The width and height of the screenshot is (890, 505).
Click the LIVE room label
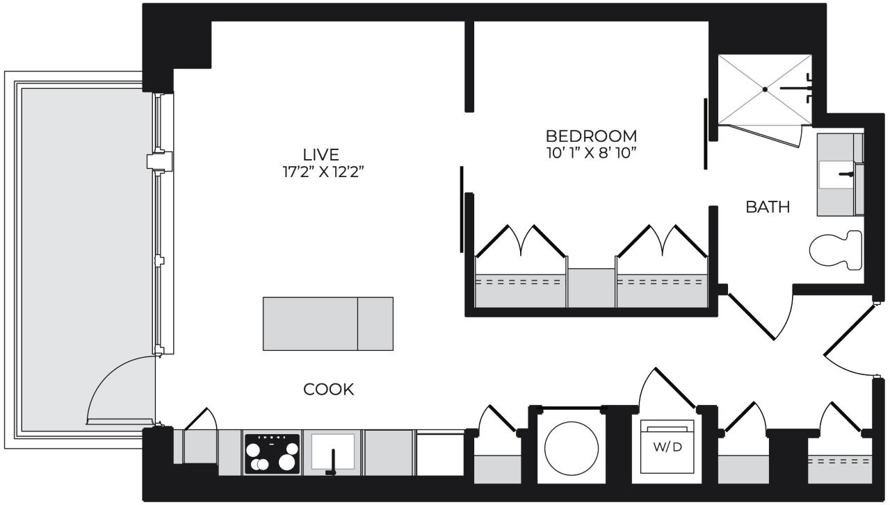321,154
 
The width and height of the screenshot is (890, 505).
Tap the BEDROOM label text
591,136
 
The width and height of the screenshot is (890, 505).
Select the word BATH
768,207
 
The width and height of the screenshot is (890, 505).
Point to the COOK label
329,390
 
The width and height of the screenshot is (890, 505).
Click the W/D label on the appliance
667,447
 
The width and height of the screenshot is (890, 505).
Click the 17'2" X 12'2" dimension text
323,172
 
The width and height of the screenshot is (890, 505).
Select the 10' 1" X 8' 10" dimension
592,154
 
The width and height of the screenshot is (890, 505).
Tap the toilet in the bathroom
836,250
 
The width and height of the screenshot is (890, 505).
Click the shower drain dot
765,90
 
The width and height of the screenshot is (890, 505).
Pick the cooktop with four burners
272,454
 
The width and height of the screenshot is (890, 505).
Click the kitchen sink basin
332,452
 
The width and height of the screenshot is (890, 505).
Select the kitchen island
328,324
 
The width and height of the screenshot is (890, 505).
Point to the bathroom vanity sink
836,174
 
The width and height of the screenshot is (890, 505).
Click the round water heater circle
572,448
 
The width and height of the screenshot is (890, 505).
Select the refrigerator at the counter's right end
440,454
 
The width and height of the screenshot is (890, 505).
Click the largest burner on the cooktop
286,462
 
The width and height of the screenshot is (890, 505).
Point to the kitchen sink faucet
332,463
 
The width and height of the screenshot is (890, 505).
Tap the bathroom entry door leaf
751,317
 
